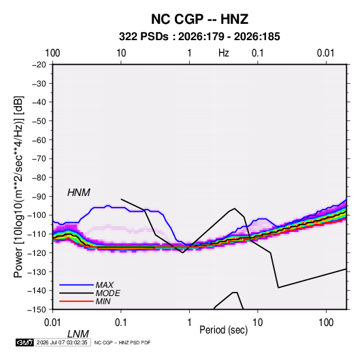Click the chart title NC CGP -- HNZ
[x=199, y=19]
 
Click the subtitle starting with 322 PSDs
[x=199, y=37]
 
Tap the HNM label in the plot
[x=79, y=193]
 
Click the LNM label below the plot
[x=78, y=334]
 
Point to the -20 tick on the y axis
[x=39, y=65]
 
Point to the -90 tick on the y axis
[x=39, y=197]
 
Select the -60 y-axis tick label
[x=39, y=140]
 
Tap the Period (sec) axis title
[x=224, y=330]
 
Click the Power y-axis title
[x=18, y=187]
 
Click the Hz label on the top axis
[x=224, y=53]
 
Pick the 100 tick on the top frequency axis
[x=52, y=53]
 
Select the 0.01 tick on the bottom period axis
[x=52, y=323]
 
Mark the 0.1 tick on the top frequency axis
[x=258, y=53]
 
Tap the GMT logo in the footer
[x=24, y=342]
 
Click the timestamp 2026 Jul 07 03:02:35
[x=62, y=342]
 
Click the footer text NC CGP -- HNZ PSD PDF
[x=122, y=342]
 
